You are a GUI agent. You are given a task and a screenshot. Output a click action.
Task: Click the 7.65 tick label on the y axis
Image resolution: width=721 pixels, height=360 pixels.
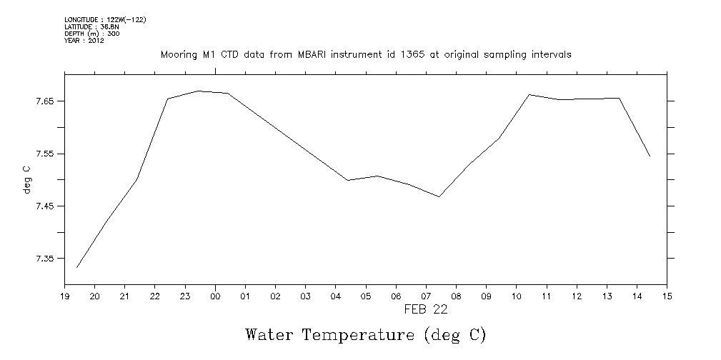tap(44, 101)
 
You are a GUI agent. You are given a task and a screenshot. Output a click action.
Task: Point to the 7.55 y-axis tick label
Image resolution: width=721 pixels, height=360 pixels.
tap(44, 154)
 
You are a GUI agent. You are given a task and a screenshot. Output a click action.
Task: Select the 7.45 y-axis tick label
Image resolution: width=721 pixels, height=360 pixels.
tap(44, 206)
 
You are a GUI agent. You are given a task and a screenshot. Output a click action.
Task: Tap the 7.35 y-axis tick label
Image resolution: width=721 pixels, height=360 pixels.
tap(44, 259)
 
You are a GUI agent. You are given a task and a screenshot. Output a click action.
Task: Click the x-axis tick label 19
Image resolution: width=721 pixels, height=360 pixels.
tap(64, 296)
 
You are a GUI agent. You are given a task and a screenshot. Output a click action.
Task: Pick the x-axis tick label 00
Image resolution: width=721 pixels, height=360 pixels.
tap(215, 296)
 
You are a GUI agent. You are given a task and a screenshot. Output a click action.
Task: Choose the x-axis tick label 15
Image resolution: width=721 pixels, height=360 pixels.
tap(667, 296)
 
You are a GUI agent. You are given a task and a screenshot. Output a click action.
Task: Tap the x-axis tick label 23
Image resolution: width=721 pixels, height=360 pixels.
tap(185, 296)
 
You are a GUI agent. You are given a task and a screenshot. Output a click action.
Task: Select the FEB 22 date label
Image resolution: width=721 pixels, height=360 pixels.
tap(426, 309)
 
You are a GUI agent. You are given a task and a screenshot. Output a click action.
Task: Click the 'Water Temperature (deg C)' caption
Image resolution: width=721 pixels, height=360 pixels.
tap(365, 334)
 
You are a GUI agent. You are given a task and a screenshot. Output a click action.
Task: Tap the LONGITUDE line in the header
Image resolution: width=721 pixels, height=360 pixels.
tap(105, 19)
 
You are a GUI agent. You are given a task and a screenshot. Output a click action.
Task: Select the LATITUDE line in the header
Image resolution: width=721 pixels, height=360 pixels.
tap(86, 26)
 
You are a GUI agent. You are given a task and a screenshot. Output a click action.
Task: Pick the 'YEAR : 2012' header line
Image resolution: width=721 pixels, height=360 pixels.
tap(84, 41)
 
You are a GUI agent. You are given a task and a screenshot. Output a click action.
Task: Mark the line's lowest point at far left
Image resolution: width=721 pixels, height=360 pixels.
tap(76, 267)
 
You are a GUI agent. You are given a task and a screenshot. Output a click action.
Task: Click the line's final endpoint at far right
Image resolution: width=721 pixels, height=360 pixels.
tap(650, 156)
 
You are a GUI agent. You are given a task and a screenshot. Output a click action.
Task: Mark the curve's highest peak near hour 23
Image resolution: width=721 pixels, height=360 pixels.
tap(198, 91)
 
